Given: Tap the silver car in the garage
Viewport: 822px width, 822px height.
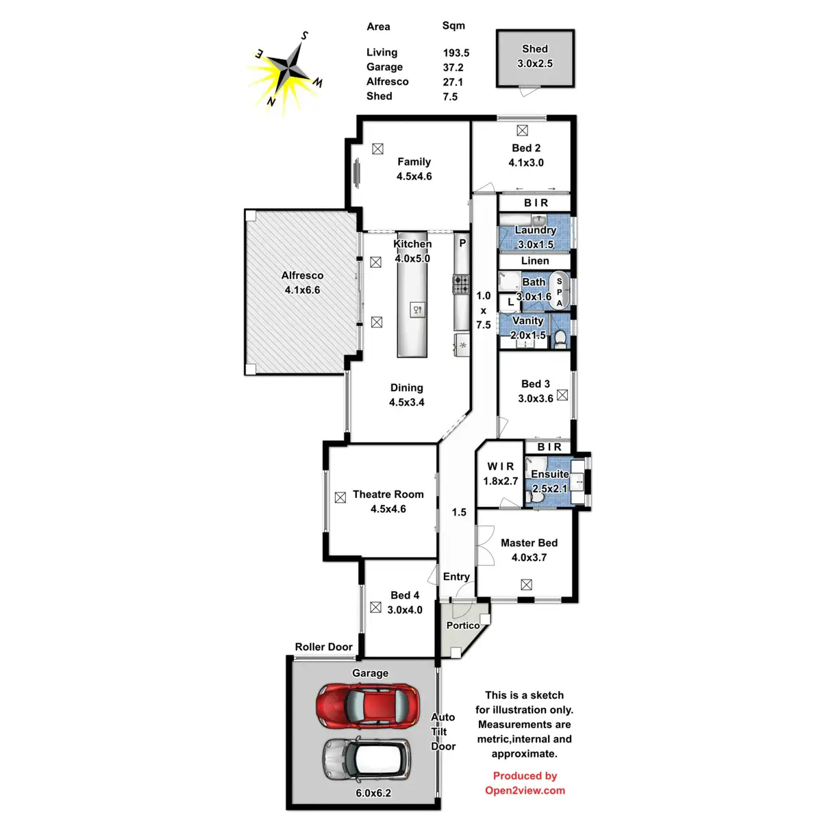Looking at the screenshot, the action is pos(366,759).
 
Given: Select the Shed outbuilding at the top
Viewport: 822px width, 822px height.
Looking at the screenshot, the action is pos(535,58).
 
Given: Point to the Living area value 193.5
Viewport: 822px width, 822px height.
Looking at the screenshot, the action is pos(456,53).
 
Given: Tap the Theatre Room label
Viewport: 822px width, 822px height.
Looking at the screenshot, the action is pos(388,494).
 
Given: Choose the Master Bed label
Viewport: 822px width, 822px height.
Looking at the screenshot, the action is pos(529,543).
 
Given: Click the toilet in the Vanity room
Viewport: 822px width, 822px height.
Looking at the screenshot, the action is pos(560,337).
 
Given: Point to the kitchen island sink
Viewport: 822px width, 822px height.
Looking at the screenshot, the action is pos(417,310).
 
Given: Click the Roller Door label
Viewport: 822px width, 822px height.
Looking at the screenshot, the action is pos(323,647).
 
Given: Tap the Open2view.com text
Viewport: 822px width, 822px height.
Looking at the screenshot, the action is pos(525,790).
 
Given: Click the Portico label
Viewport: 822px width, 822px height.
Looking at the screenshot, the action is pos(463,625).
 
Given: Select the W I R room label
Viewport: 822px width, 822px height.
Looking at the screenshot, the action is pos(501,466).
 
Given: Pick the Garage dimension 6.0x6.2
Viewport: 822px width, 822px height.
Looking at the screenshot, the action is pos(373,793).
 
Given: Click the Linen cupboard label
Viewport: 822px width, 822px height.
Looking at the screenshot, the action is pos(535,260).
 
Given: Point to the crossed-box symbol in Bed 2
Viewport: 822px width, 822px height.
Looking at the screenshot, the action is pos(523,130).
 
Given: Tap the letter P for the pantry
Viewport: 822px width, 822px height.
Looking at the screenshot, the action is pos(462,243).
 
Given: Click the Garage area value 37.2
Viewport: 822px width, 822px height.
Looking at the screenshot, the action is pos(453,67).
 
